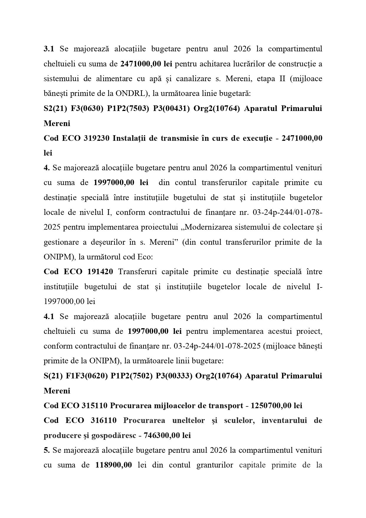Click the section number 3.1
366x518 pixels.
(x=49, y=49)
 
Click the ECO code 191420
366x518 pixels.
(x=100, y=272)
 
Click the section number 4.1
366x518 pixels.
(x=49, y=316)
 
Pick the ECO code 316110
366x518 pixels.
(x=104, y=420)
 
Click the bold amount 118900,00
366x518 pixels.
(x=114, y=465)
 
